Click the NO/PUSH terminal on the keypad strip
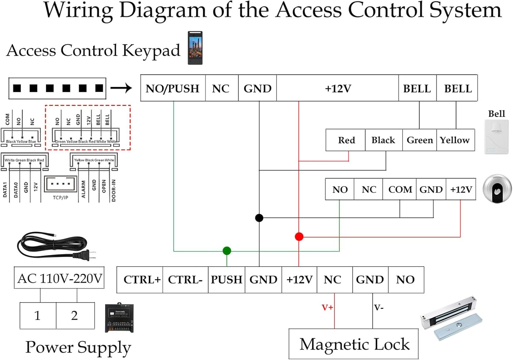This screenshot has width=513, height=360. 173,88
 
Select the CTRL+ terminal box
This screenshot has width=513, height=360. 140,280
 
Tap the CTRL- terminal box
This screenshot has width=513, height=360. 185,280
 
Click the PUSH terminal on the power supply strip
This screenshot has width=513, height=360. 226,280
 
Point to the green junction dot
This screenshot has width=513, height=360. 227,251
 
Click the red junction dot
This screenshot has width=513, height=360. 299,237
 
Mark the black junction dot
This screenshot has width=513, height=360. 259,218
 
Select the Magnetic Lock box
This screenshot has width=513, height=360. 354,344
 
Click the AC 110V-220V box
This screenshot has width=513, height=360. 59,278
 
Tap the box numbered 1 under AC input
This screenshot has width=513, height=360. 38,316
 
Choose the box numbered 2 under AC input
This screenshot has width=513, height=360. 75,316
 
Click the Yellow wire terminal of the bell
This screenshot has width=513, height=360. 455,140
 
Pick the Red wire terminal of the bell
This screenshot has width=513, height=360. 346,140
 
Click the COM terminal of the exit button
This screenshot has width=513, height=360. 399,189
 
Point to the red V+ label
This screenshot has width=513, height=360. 327,307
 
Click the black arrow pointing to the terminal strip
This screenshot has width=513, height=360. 121,88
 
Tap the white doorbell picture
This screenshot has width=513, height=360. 496,137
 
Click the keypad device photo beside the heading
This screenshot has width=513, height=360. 195,48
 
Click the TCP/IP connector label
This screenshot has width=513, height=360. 61,197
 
